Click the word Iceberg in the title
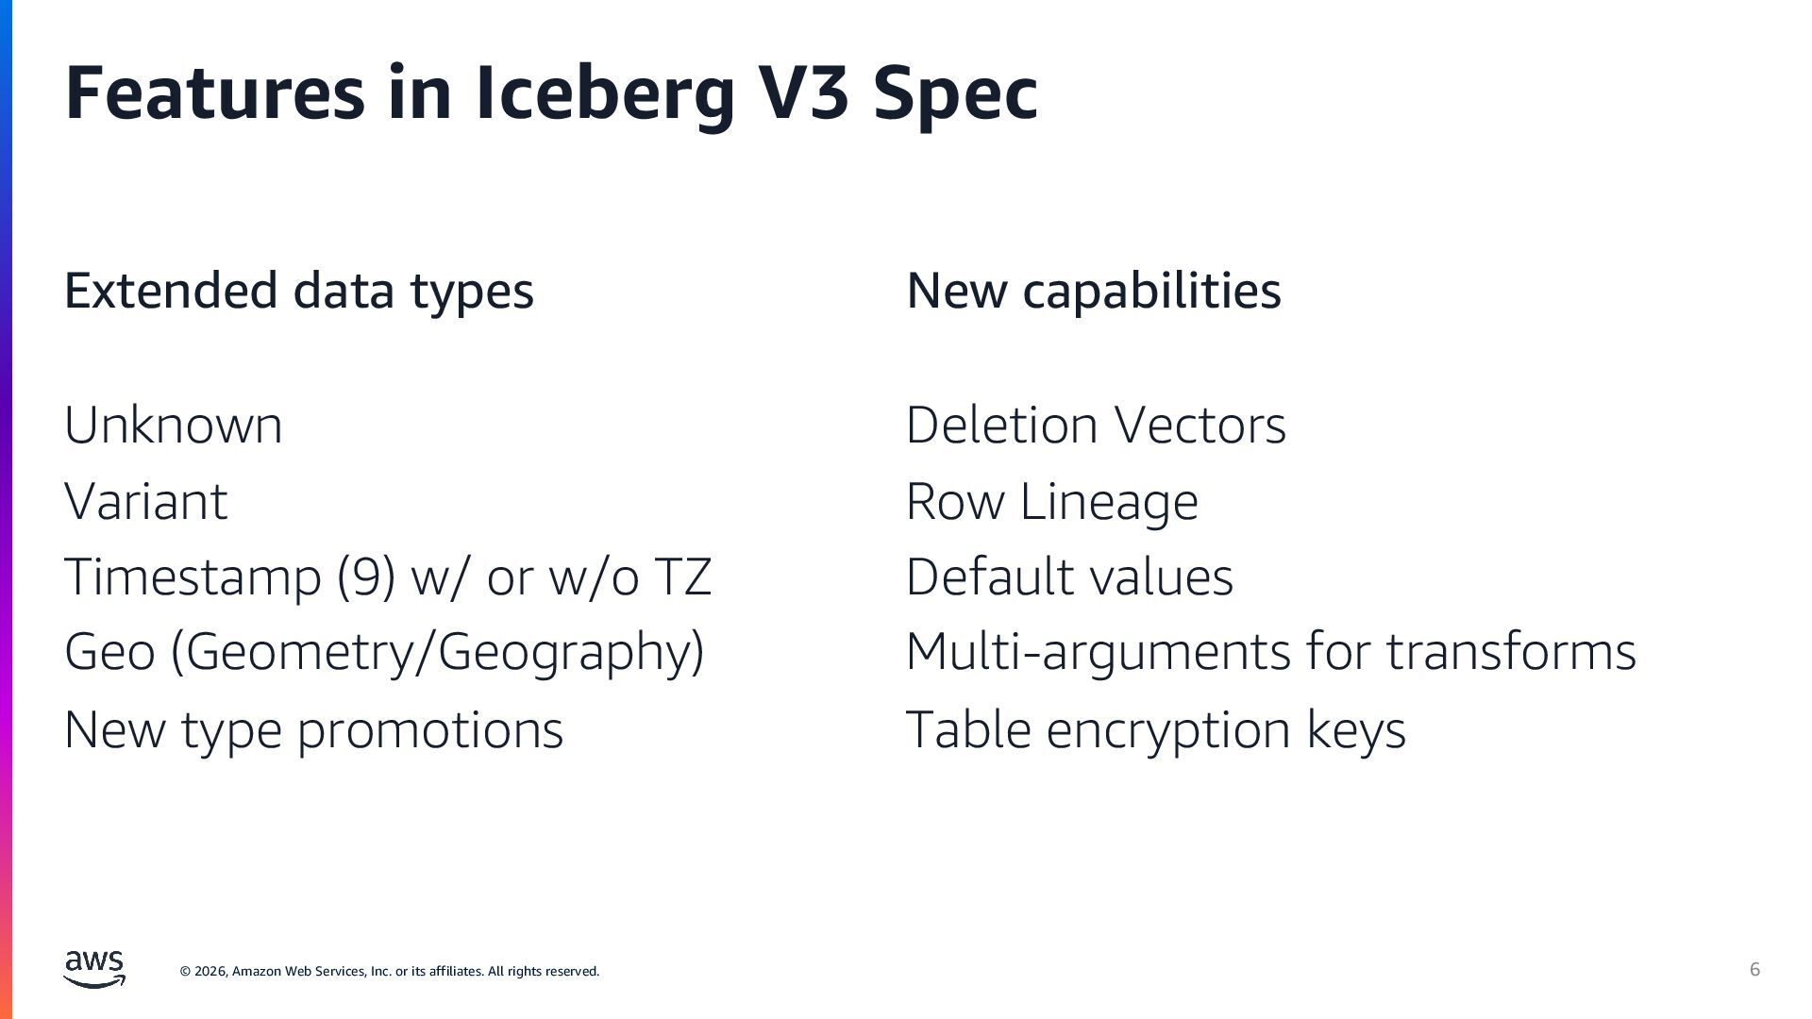click(604, 92)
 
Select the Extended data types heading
click(298, 291)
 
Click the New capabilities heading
click(1093, 291)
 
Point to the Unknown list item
click(173, 426)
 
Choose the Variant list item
click(145, 501)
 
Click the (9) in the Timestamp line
click(366, 576)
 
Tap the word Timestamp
click(193, 576)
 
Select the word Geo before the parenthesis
click(109, 651)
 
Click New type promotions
click(313, 729)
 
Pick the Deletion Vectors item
click(1095, 426)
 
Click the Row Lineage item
click(1051, 501)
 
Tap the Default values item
click(1068, 576)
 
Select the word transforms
click(1510, 651)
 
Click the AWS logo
click(94, 969)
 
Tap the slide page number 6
click(1754, 969)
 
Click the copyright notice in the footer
click(389, 971)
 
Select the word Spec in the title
click(955, 92)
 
